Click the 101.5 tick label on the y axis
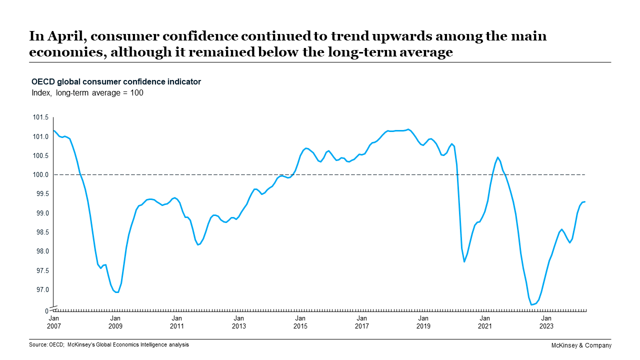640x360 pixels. coord(40,117)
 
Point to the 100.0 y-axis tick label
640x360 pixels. coord(40,175)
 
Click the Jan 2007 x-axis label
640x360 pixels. coord(53,322)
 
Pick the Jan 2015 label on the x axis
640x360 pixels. coord(300,322)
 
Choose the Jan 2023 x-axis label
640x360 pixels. coord(546,322)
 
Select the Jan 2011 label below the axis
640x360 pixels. coord(176,322)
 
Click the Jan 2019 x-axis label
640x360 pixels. coord(423,322)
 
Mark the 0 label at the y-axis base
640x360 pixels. coord(47,311)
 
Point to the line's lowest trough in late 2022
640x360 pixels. coord(531,304)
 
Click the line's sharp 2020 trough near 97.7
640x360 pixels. coord(464,261)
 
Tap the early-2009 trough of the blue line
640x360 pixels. coord(116,292)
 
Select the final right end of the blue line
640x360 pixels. coord(585,201)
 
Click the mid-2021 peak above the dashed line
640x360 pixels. coord(497,157)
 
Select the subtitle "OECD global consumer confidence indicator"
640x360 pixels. coord(116,82)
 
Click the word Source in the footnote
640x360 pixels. coord(38,344)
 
